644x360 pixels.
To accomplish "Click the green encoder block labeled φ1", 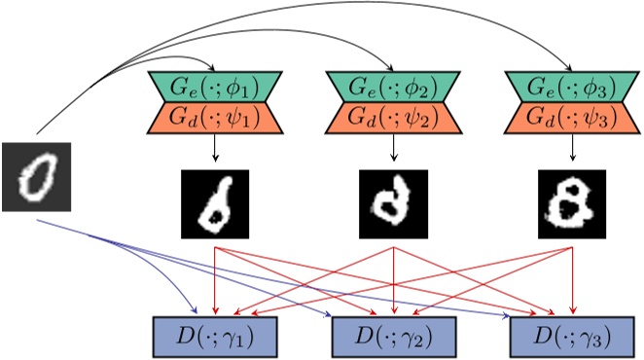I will pyautogui.click(x=214, y=85).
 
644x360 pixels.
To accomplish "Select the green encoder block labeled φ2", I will pyautogui.click(x=394, y=85).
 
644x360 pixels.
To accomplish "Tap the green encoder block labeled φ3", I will pyautogui.click(x=572, y=85).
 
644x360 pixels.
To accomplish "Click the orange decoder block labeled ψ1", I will pyautogui.click(x=214, y=118).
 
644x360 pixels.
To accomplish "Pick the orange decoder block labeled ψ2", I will pyautogui.click(x=394, y=118).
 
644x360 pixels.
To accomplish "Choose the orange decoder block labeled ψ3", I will pyautogui.click(x=572, y=118).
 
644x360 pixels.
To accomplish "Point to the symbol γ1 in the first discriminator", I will pyautogui.click(x=242, y=339).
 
